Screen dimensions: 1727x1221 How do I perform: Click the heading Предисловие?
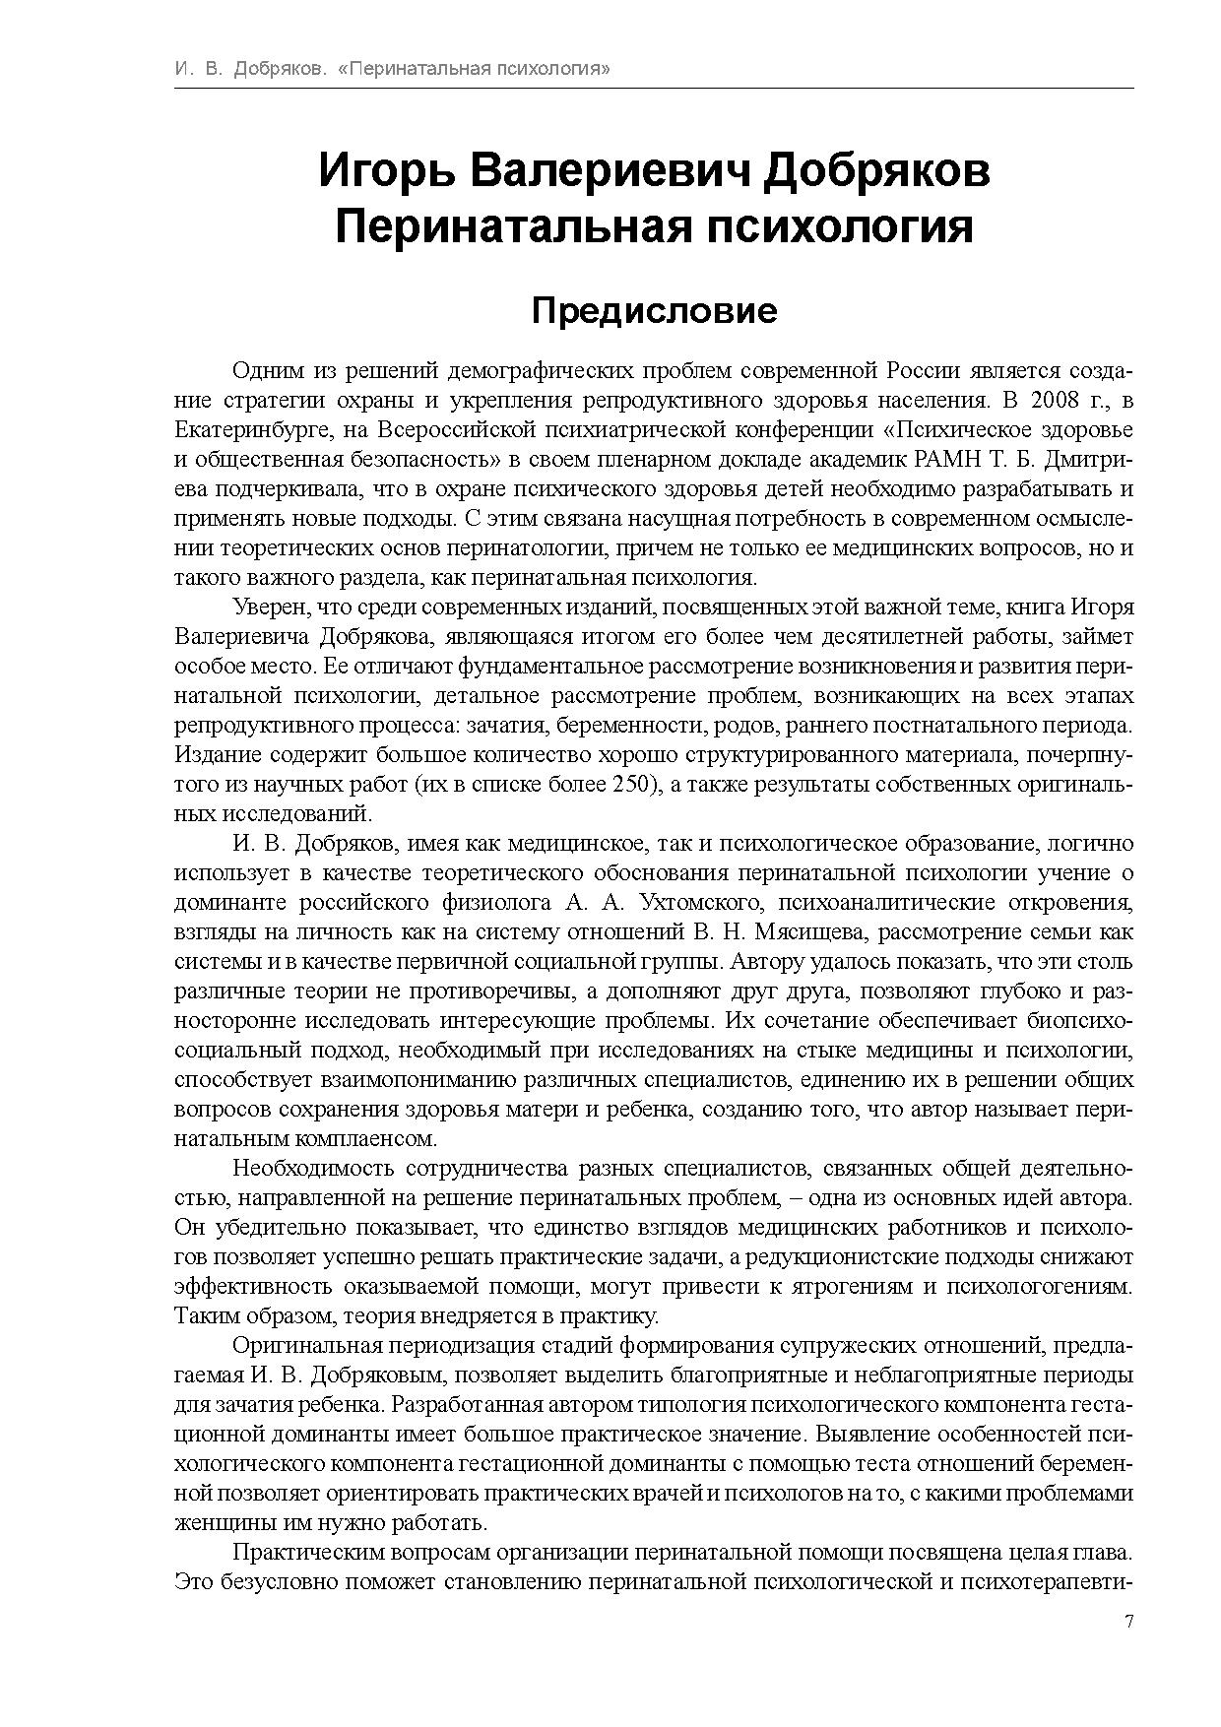pyautogui.click(x=654, y=311)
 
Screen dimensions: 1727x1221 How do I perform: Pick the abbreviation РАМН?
pyautogui.click(x=948, y=460)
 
